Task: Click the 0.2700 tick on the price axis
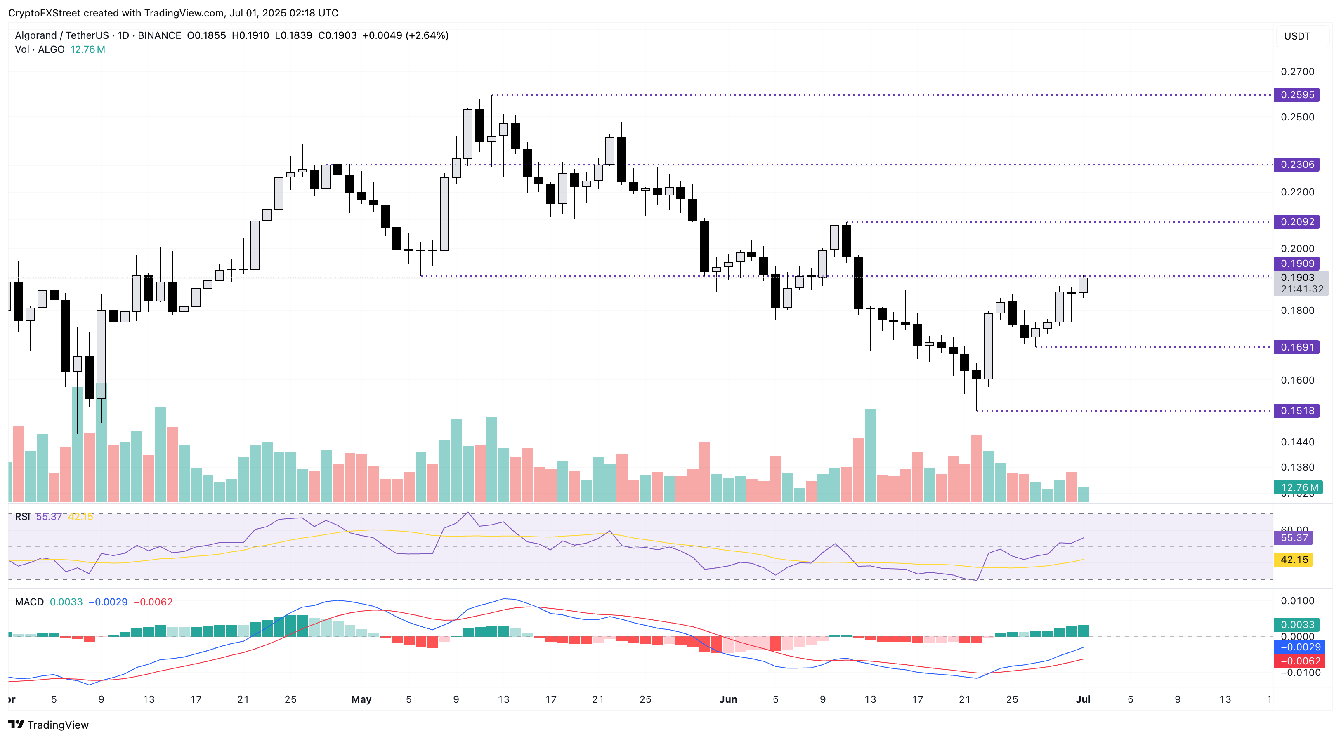click(x=1297, y=72)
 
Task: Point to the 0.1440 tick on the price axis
click(x=1297, y=442)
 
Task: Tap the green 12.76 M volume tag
click(x=1299, y=487)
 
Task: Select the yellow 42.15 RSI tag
click(x=1294, y=560)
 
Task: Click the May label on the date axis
click(x=361, y=699)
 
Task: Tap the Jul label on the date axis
click(x=1083, y=699)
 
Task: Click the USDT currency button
click(x=1297, y=36)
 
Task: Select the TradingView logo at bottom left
click(x=48, y=725)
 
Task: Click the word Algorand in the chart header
click(x=35, y=35)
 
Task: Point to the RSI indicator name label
click(x=22, y=516)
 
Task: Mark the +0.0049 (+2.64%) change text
click(x=405, y=35)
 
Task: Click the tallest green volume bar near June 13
click(x=870, y=455)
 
